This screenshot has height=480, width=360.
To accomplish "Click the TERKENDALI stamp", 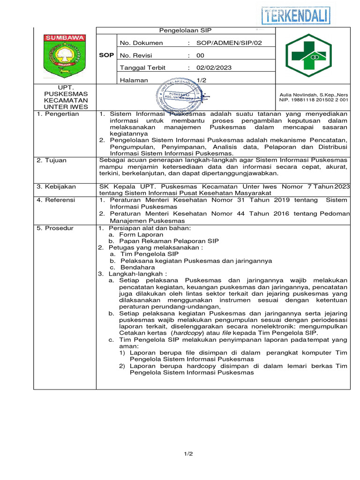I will (x=295, y=15).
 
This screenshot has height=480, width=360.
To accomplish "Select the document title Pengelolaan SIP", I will (x=186, y=30).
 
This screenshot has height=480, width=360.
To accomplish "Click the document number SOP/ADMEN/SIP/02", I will (x=229, y=43).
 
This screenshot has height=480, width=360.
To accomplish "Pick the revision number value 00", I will (x=200, y=55).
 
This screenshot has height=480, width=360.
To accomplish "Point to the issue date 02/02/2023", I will (x=214, y=67).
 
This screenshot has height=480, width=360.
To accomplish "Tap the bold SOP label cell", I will (x=106, y=55).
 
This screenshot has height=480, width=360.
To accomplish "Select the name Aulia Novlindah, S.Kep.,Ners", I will (x=313, y=95).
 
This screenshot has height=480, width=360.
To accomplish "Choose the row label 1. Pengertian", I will (x=58, y=114).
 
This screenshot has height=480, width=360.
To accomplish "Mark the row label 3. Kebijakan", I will (x=56, y=187).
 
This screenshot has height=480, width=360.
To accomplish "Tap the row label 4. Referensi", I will (x=56, y=200).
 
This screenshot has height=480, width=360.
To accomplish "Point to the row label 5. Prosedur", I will (x=55, y=228).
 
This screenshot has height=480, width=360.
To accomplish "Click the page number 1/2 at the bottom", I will (x=188, y=454).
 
